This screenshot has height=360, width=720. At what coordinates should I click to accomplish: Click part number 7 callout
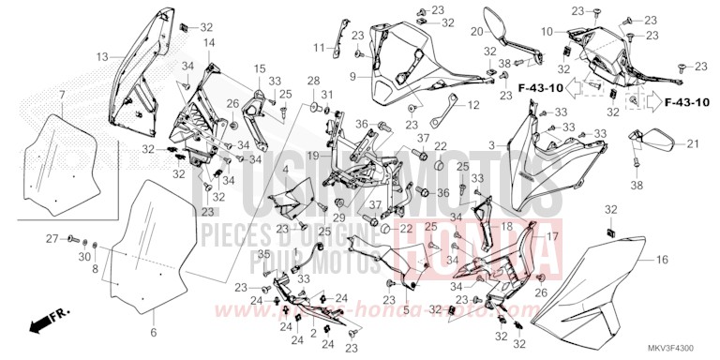coord(61,96)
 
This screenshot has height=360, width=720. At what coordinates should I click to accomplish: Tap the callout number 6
coord(153,332)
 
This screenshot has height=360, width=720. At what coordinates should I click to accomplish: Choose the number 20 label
coord(476,32)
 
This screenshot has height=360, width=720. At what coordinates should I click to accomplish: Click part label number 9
coord(353,76)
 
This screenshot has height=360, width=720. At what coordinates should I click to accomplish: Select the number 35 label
coord(263,255)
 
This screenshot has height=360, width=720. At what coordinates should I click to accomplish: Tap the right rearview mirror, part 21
coord(654,142)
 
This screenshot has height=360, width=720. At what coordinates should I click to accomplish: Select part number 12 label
coord(472,104)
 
